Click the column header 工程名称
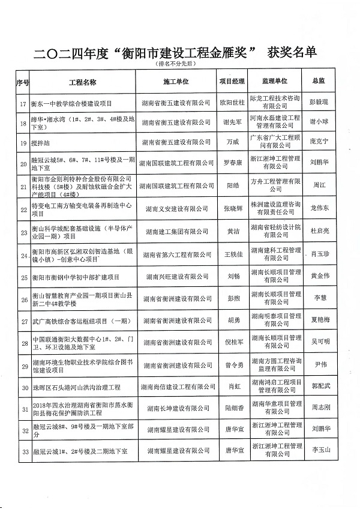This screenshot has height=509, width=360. [83, 81]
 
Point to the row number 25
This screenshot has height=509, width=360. [23, 277]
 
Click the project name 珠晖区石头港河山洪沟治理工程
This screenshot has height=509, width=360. [71, 388]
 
